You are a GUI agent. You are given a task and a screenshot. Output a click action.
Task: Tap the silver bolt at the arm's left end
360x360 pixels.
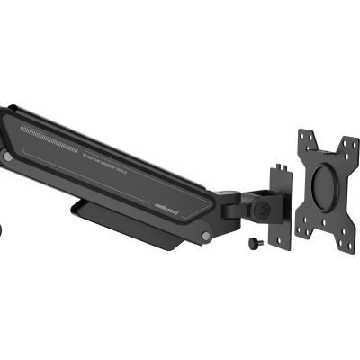(7, 157)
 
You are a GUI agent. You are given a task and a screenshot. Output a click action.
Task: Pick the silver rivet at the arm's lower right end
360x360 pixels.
(207, 237)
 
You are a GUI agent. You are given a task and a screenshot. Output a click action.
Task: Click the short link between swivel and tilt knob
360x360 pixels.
(248, 203)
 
